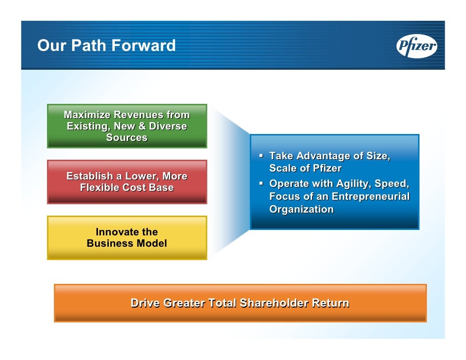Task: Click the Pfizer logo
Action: [417, 46]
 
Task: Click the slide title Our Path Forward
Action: [106, 46]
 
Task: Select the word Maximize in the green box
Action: [88, 115]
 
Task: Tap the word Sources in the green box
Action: [127, 137]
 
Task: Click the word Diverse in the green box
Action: [168, 126]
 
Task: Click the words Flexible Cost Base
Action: [127, 187]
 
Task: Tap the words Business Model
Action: [127, 243]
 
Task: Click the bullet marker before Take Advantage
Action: [262, 156]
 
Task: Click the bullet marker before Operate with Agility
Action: [262, 184]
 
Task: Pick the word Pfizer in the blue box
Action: [326, 168]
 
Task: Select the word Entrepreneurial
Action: [371, 196]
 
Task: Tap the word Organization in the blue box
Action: [301, 209]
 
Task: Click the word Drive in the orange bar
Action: [145, 303]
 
